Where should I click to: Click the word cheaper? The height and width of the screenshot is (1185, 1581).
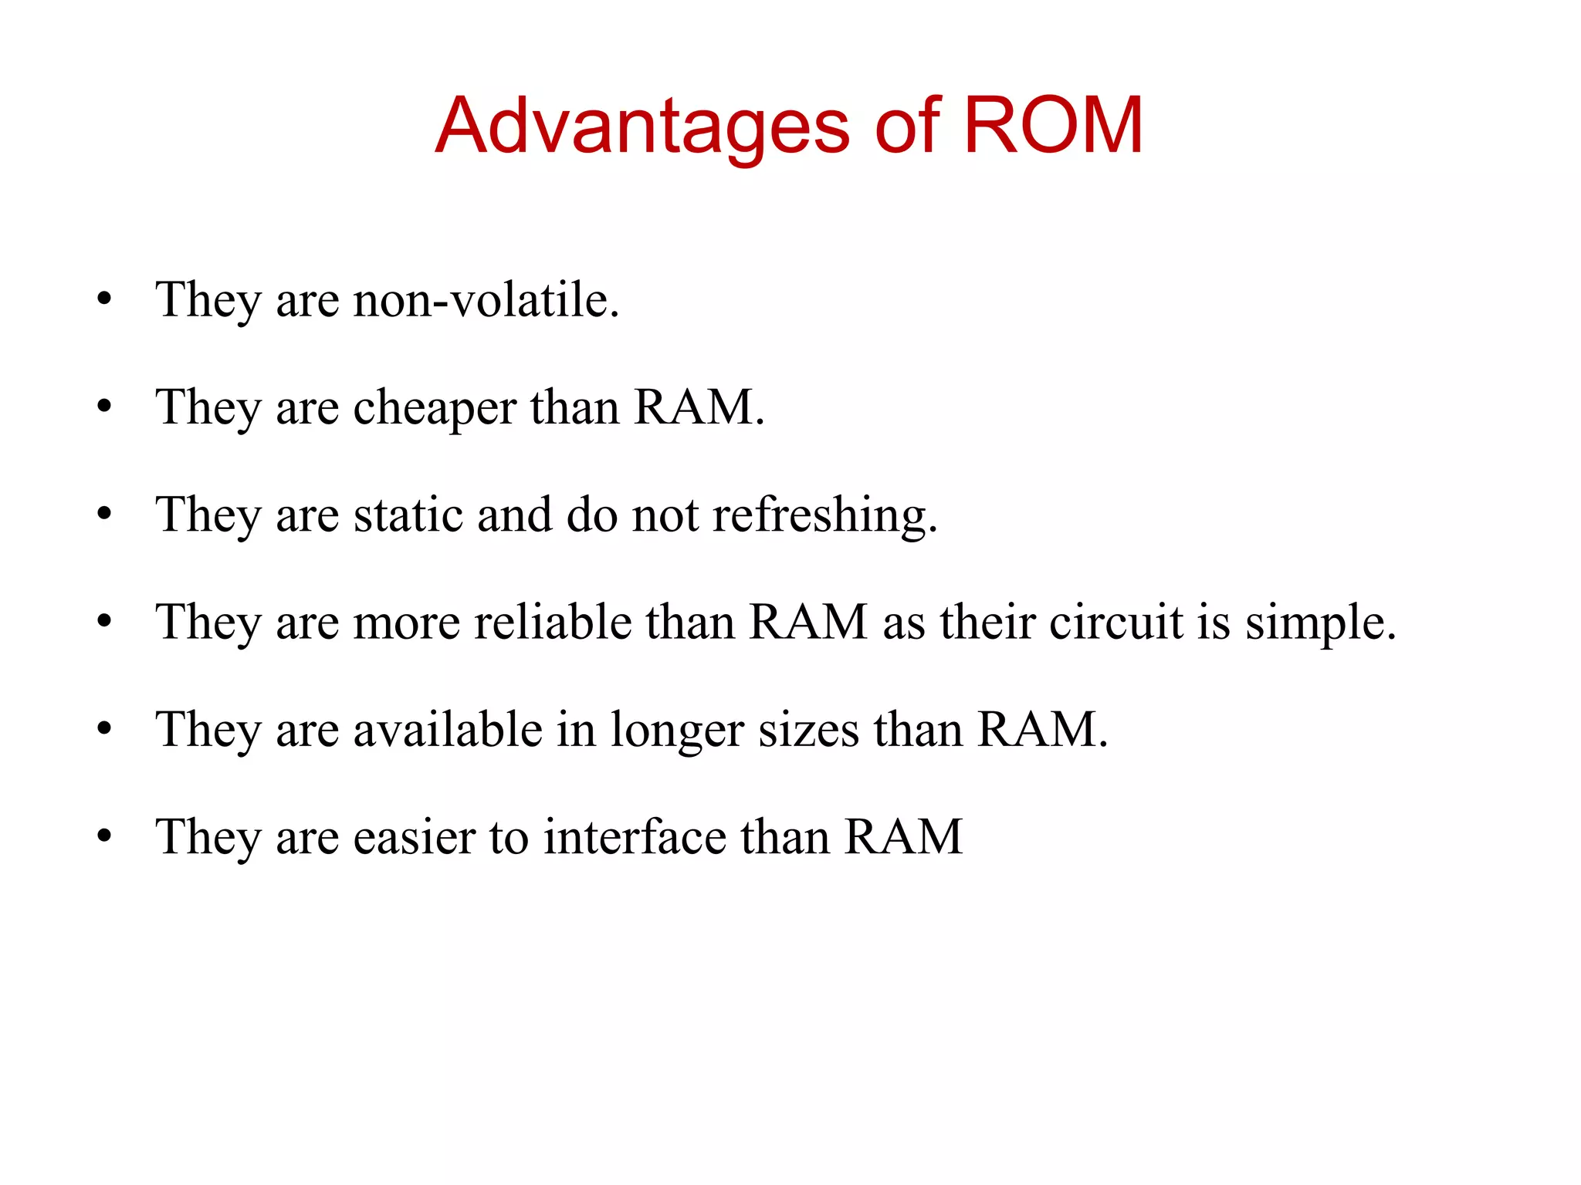coord(435,408)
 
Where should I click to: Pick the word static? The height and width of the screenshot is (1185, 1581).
coord(408,515)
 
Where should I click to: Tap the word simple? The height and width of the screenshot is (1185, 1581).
coord(1319,623)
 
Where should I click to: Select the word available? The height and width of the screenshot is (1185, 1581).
coord(448,729)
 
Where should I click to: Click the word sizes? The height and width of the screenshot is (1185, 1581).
coord(808,730)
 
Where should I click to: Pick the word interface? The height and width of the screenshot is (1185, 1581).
coord(635,837)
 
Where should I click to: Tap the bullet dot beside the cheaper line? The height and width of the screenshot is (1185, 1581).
coord(105,407)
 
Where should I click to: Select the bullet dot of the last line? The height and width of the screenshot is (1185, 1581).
coord(105,837)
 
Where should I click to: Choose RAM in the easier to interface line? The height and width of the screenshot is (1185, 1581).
coord(903,837)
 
